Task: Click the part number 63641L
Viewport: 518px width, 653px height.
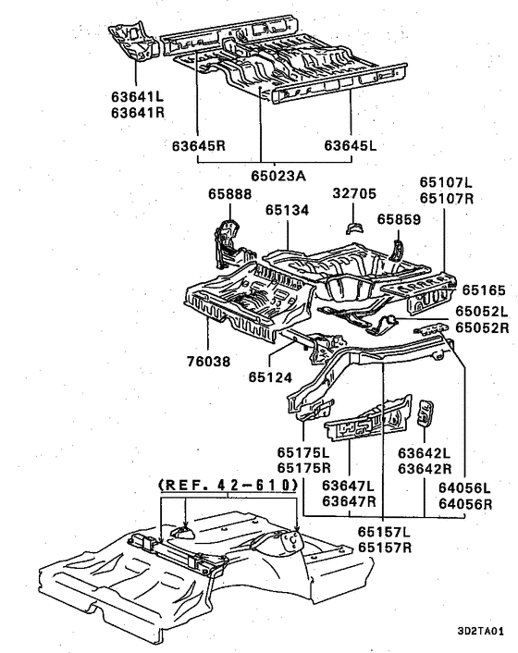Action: pyautogui.click(x=138, y=96)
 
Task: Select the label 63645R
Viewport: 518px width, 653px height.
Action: pyautogui.click(x=199, y=146)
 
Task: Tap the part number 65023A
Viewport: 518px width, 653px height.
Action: pyautogui.click(x=278, y=176)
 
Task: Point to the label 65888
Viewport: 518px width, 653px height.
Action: pyautogui.click(x=229, y=194)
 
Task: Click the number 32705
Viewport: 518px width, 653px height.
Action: pyautogui.click(x=354, y=193)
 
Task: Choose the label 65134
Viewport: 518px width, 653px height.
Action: pyautogui.click(x=288, y=210)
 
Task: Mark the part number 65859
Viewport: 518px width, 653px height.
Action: pyautogui.click(x=399, y=219)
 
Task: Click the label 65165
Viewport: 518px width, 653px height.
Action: pyautogui.click(x=484, y=290)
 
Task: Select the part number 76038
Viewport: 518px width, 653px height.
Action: pyautogui.click(x=208, y=361)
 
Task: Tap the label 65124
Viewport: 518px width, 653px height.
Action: pyautogui.click(x=271, y=377)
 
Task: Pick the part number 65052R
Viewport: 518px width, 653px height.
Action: pyautogui.click(x=482, y=327)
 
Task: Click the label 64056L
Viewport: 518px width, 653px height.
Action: pyautogui.click(x=464, y=487)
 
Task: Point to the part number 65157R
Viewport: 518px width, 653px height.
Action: pyautogui.click(x=385, y=548)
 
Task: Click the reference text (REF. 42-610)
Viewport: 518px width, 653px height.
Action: pyautogui.click(x=228, y=485)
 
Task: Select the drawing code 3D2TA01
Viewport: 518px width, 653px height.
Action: pyautogui.click(x=480, y=631)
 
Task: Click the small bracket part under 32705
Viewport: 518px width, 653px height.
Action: pyautogui.click(x=355, y=228)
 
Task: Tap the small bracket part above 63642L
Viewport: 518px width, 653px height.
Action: pyautogui.click(x=425, y=413)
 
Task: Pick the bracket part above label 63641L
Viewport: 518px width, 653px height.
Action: pyautogui.click(x=133, y=41)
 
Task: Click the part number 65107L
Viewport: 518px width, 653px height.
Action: pyautogui.click(x=446, y=182)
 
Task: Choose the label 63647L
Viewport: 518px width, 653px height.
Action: pyautogui.click(x=348, y=486)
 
